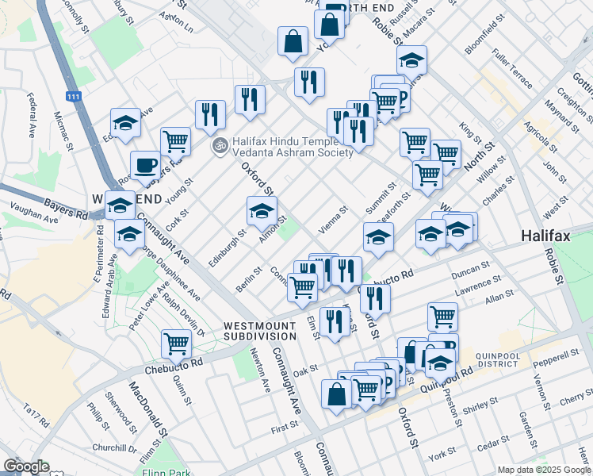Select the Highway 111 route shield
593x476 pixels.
point(73,97)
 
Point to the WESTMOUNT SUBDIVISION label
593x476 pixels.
point(260,331)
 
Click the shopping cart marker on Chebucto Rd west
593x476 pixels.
point(176,344)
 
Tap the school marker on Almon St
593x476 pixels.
point(262,211)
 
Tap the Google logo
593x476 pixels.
point(25,466)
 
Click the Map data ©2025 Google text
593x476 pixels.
point(543,470)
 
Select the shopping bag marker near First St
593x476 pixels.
point(336,394)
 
